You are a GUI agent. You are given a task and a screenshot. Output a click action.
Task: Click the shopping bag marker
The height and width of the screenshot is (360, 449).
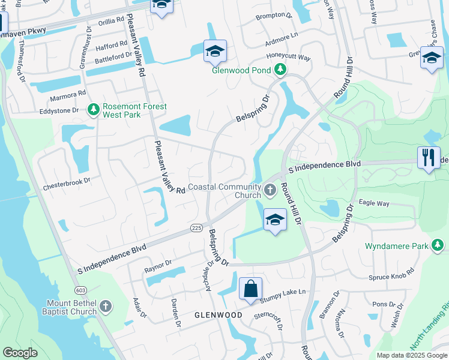(250, 289)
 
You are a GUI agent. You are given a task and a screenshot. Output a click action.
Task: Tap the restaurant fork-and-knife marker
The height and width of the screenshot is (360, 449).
(429, 158)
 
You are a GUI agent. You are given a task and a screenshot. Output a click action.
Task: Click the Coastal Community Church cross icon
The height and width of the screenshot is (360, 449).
(270, 191)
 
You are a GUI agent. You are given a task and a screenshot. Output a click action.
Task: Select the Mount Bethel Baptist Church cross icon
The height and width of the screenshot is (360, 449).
(106, 307)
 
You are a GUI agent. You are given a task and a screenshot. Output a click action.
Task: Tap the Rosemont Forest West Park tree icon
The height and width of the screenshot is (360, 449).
(93, 109)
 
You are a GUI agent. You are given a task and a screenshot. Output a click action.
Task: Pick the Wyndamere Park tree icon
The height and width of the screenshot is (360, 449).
(438, 245)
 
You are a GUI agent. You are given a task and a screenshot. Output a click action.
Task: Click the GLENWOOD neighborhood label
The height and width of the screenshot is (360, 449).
(218, 315)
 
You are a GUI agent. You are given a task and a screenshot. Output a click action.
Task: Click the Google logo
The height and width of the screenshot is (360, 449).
(20, 353)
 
